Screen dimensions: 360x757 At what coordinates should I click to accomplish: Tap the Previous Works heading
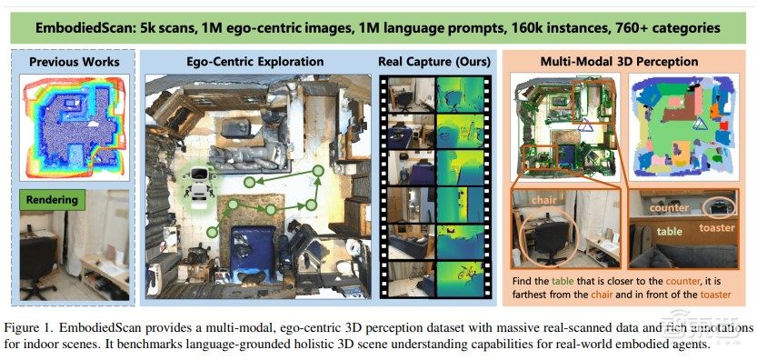pos(74,63)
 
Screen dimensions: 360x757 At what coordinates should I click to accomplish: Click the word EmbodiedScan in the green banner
pos(87,28)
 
